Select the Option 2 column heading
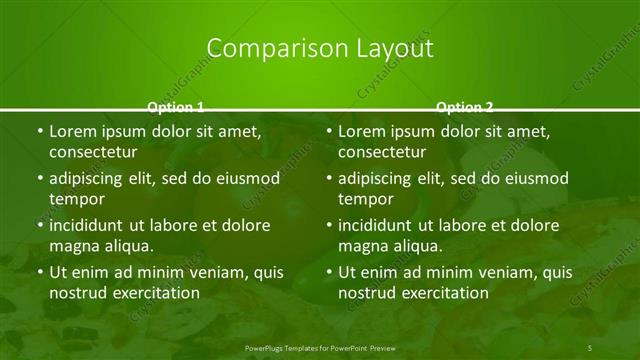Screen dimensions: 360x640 click(465, 106)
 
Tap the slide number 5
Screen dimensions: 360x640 click(590, 346)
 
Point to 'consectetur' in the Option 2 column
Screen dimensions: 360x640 click(382, 152)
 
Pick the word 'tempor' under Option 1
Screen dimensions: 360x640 click(77, 199)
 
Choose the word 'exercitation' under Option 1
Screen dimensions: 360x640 click(155, 293)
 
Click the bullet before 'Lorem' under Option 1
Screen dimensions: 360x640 click(39, 132)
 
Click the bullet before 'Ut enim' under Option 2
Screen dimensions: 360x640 click(329, 272)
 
